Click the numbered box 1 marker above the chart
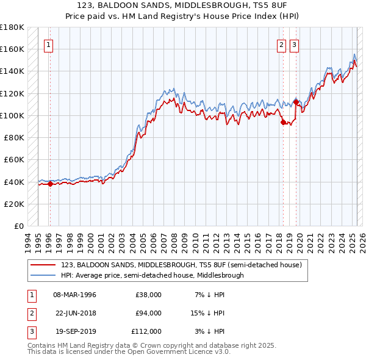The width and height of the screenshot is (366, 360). [48, 44]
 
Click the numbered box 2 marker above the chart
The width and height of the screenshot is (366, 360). [281, 44]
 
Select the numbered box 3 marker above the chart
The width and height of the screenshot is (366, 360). [294, 44]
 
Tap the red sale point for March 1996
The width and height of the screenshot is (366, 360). [50, 184]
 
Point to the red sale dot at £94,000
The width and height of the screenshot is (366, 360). [283, 122]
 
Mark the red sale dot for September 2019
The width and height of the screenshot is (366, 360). [296, 103]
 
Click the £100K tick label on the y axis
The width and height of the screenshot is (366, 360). [12, 115]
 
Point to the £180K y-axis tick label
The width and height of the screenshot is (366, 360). [12, 27]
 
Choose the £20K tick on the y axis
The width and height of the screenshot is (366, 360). [15, 204]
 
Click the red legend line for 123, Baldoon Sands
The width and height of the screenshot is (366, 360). [43, 265]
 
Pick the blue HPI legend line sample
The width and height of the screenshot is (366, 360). [43, 275]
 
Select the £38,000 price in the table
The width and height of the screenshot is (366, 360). [148, 295]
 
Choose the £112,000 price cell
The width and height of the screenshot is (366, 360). [147, 331]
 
